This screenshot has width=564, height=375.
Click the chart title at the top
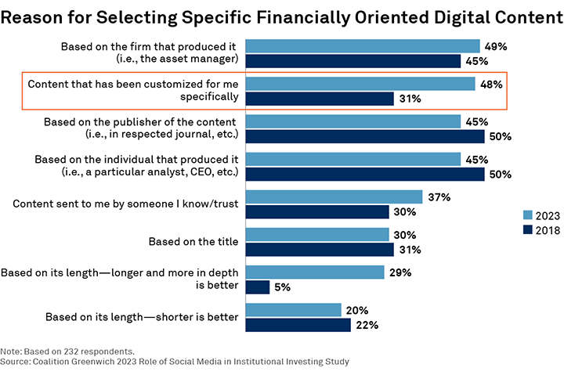coord(281,17)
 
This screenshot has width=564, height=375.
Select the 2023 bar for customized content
coord(360,84)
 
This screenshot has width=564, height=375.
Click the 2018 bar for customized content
coord(320,99)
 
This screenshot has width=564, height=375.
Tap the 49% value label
coord(495,47)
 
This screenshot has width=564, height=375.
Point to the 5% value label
coord(283,287)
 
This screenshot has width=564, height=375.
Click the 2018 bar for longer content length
coord(258,287)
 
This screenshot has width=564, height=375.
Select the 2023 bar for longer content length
coord(315,272)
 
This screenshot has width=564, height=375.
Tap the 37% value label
coord(438,197)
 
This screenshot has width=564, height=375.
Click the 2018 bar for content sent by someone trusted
coord(317,211)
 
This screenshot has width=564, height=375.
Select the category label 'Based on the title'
coord(194,241)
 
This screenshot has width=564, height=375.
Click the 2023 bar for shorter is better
coord(294,309)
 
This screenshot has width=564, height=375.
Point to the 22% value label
coord(366,325)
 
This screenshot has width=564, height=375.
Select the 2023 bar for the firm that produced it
coord(363,46)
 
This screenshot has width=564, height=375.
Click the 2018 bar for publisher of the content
coord(365,136)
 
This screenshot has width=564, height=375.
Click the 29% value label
coord(399,272)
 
